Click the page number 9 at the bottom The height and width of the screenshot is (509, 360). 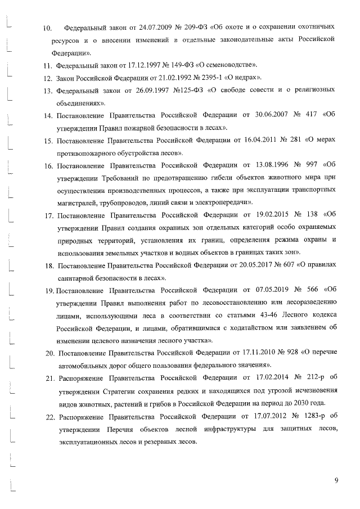(x=336, y=480)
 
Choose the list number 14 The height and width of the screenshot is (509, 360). (x=49, y=117)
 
